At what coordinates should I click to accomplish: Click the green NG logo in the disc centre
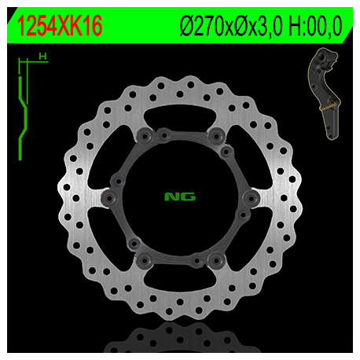click(x=180, y=197)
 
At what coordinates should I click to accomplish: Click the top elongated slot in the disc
click(x=180, y=111)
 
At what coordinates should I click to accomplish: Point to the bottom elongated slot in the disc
click(x=180, y=281)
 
